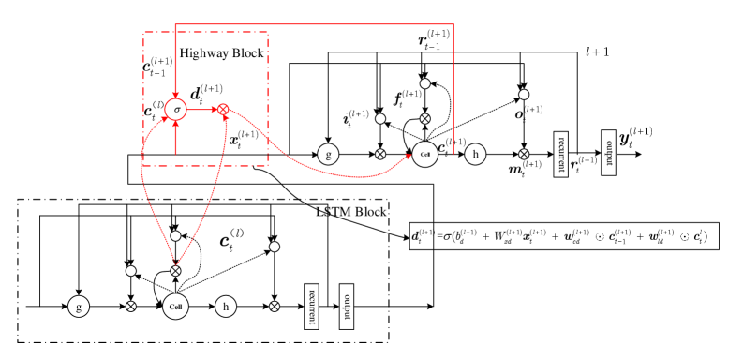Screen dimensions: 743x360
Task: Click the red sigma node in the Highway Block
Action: click(177, 111)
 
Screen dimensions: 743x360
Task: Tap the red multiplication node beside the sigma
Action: click(223, 111)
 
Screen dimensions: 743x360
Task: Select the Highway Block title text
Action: click(222, 53)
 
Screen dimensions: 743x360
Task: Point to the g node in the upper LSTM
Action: click(327, 154)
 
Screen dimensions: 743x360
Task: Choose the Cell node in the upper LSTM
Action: click(424, 154)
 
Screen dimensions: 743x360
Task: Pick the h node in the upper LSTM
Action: click(476, 154)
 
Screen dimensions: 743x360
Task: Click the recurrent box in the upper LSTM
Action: click(561, 153)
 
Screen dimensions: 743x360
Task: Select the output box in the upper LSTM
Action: click(608, 153)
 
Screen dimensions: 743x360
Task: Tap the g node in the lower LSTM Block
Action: click(79, 306)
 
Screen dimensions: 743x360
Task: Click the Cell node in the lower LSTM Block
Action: click(176, 306)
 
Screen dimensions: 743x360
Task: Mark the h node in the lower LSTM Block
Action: click(226, 306)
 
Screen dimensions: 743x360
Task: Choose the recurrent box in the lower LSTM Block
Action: click(312, 305)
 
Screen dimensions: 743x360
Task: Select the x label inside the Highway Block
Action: click(243, 142)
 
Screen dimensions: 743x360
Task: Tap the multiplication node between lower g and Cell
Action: click(131, 306)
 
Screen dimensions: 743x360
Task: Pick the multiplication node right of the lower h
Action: click(275, 306)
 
